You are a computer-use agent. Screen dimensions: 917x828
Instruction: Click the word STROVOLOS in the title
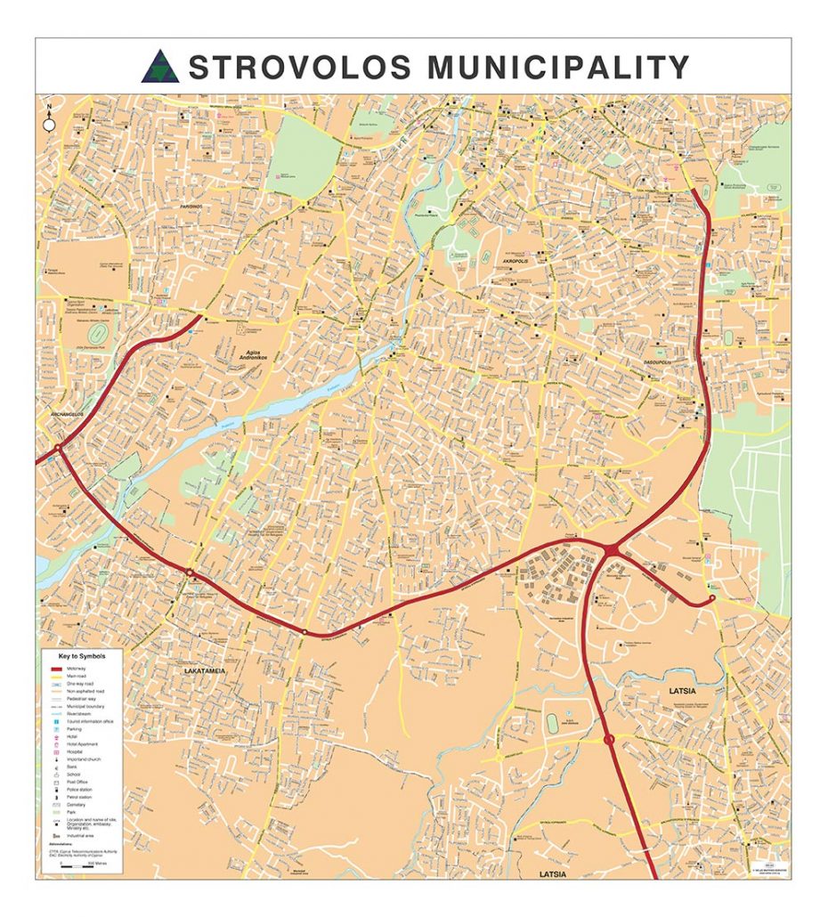(x=300, y=67)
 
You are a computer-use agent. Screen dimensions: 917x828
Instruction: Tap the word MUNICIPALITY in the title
(x=559, y=67)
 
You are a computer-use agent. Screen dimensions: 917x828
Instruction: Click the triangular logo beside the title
(x=160, y=67)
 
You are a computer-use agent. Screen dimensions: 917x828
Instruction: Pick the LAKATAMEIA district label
(x=207, y=669)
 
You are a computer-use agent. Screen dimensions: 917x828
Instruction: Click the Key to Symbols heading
(x=82, y=656)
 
